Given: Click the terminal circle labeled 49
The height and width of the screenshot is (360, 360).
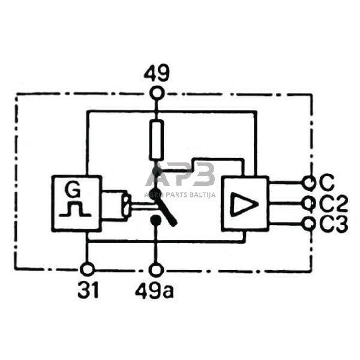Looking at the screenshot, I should (x=157, y=93).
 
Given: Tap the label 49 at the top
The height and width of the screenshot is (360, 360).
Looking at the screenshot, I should (x=157, y=73).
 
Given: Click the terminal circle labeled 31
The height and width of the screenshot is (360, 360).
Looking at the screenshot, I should (x=88, y=269).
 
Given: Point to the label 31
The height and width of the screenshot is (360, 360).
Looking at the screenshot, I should (x=88, y=290).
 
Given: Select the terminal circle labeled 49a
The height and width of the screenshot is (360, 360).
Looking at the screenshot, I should (x=156, y=269).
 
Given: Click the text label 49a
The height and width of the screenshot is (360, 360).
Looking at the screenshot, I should (x=155, y=290).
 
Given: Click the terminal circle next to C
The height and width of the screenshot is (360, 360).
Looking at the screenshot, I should (x=309, y=182).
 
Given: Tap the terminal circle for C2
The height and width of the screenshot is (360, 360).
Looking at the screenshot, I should (x=309, y=203).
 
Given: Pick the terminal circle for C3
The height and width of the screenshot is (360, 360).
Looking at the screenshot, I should (x=309, y=224).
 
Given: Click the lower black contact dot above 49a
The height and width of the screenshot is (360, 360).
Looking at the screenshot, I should (x=156, y=221).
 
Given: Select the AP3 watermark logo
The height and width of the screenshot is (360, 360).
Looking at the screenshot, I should (x=181, y=175).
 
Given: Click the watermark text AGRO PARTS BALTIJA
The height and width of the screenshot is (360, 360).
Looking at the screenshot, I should (x=181, y=193).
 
